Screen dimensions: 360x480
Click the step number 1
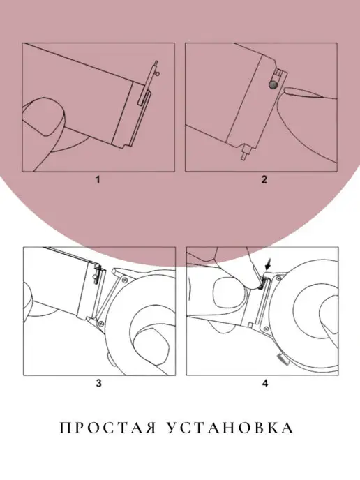click(98, 179)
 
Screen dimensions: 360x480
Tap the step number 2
click(264, 179)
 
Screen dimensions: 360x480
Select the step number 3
click(98, 383)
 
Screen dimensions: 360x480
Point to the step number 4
click(265, 383)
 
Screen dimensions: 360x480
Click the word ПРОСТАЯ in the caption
click(108, 428)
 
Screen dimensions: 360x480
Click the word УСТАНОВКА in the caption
click(230, 428)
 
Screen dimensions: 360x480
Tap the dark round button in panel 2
click(273, 85)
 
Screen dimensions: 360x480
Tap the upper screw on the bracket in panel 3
click(125, 280)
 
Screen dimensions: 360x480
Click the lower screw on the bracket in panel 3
click(100, 322)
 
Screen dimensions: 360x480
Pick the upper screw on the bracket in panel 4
click(278, 278)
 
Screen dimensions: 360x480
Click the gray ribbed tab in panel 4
click(283, 359)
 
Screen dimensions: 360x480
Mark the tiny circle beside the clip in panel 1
click(158, 73)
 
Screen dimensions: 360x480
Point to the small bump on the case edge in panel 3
click(108, 357)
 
